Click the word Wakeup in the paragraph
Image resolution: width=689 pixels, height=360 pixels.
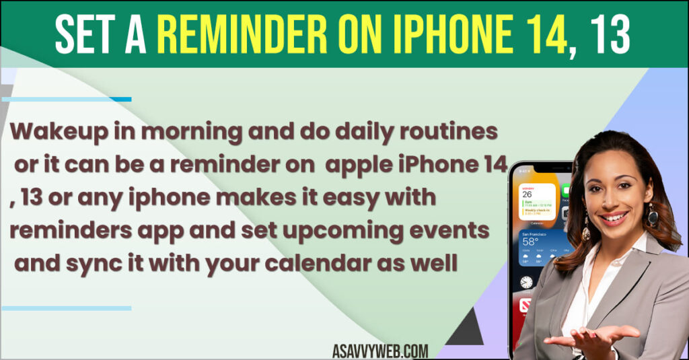pyautogui.click(x=54, y=133)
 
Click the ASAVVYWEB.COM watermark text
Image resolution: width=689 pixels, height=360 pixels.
pyautogui.click(x=379, y=351)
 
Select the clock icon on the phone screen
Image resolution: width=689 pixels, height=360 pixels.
pyautogui.click(x=526, y=282)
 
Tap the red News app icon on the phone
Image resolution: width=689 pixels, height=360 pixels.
pyautogui.click(x=526, y=306)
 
